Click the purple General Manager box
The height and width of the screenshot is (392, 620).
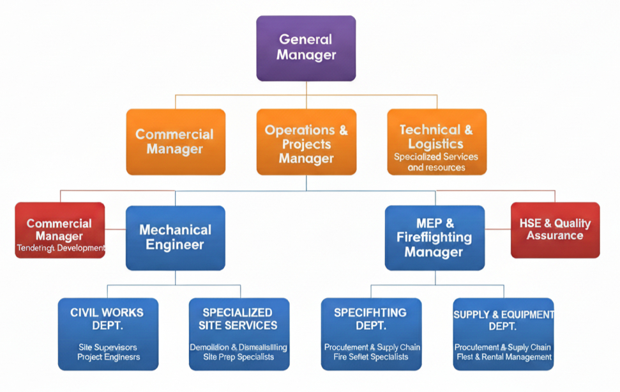(306, 49)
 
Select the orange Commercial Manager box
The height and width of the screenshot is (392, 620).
(176, 142)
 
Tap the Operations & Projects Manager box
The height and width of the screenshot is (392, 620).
(306, 142)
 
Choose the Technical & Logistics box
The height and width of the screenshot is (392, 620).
(437, 142)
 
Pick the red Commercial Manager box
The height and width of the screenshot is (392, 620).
(59, 230)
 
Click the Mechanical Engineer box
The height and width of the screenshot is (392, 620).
(175, 237)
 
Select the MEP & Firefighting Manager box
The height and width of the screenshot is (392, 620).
(434, 237)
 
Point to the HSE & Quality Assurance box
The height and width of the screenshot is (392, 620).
(555, 230)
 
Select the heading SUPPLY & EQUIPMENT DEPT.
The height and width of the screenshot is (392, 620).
(503, 320)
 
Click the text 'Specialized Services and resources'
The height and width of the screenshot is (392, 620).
(436, 162)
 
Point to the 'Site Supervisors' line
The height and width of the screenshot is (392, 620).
(108, 347)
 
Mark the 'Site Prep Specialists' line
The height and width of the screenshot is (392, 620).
(238, 357)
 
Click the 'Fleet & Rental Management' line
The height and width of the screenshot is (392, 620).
(503, 357)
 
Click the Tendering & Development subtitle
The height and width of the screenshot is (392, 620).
(59, 248)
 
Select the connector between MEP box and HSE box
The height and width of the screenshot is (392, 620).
(498, 228)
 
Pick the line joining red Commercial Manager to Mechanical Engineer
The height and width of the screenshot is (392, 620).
(115, 228)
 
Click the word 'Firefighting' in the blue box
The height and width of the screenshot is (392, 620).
(434, 238)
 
